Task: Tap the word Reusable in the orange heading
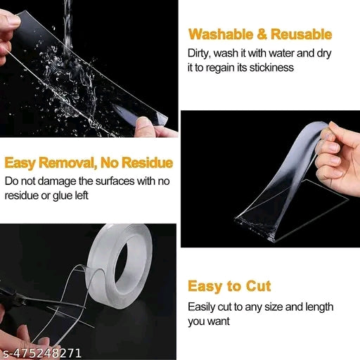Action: (x=298, y=34)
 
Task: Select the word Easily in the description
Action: (x=202, y=307)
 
